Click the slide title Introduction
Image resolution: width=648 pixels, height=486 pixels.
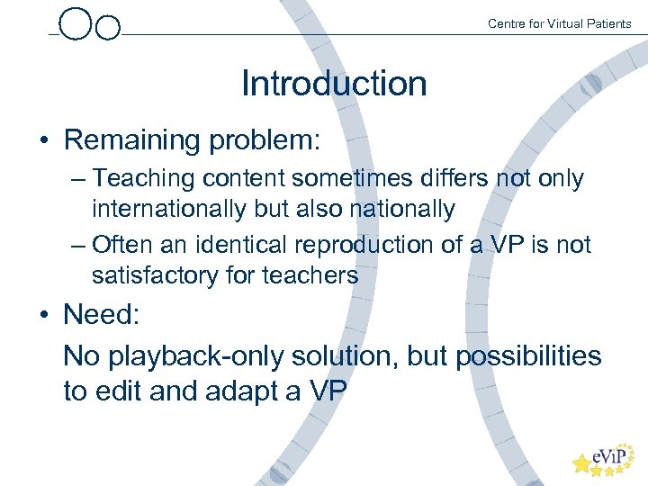[334, 84]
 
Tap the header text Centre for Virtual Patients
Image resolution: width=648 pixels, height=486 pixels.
[559, 23]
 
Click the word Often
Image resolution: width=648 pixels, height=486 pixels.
[123, 244]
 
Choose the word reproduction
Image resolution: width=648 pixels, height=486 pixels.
[382, 244]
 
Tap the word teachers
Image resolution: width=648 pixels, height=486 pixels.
[310, 274]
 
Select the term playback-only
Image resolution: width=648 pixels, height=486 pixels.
[194, 355]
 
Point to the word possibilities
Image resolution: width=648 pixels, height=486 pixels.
[528, 355]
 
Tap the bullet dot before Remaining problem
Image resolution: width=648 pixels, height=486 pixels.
[43, 141]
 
